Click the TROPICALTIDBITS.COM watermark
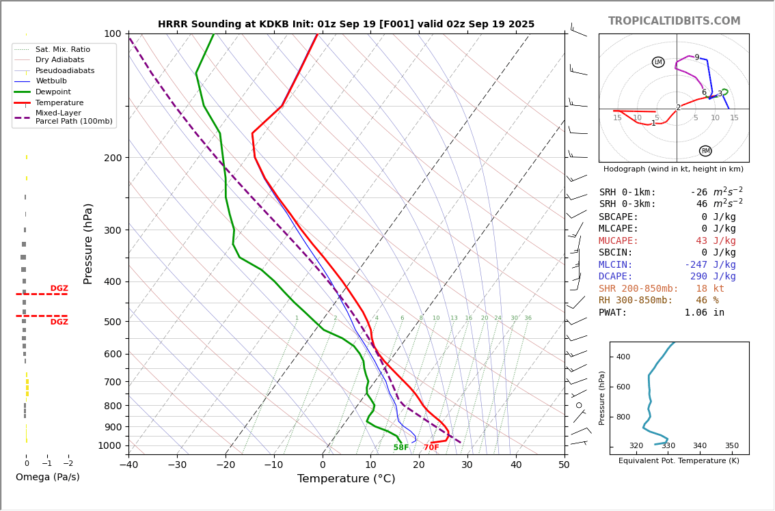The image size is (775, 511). (674, 21)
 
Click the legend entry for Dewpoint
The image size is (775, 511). (53, 92)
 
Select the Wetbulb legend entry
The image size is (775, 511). (51, 81)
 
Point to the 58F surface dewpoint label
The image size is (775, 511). (401, 448)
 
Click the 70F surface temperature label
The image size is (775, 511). (431, 448)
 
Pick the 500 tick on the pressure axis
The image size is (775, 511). (112, 322)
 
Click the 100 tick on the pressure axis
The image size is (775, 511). (112, 33)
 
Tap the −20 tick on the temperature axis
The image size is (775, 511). (225, 465)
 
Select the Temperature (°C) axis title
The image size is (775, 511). (346, 479)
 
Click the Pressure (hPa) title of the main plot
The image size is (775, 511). (88, 243)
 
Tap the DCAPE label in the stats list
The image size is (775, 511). (618, 277)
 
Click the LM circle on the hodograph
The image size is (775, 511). (658, 62)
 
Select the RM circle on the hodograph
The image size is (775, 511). (705, 151)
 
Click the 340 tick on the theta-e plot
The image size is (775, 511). (700, 446)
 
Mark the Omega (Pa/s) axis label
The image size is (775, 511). (47, 478)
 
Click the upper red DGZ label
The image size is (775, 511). (59, 288)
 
